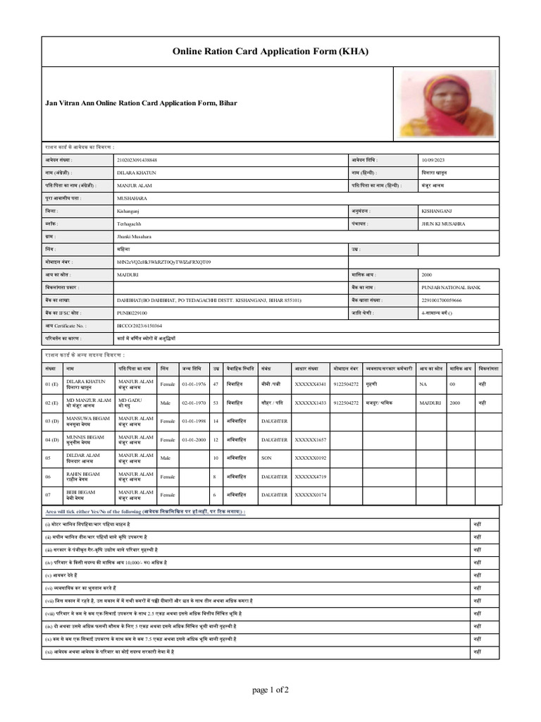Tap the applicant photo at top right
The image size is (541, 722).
(x=447, y=103)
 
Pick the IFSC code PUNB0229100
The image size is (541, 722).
(x=132, y=312)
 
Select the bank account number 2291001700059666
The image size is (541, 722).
(x=442, y=300)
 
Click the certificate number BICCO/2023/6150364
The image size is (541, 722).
(x=139, y=325)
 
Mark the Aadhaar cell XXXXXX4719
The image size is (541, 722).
(x=311, y=477)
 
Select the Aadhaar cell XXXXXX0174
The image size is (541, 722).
(x=311, y=495)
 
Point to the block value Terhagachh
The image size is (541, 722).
(x=131, y=224)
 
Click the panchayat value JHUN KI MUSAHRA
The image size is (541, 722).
(x=443, y=224)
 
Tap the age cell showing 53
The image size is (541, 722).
(x=216, y=403)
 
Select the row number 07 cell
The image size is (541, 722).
(x=49, y=495)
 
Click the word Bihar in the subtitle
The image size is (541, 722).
(x=227, y=103)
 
